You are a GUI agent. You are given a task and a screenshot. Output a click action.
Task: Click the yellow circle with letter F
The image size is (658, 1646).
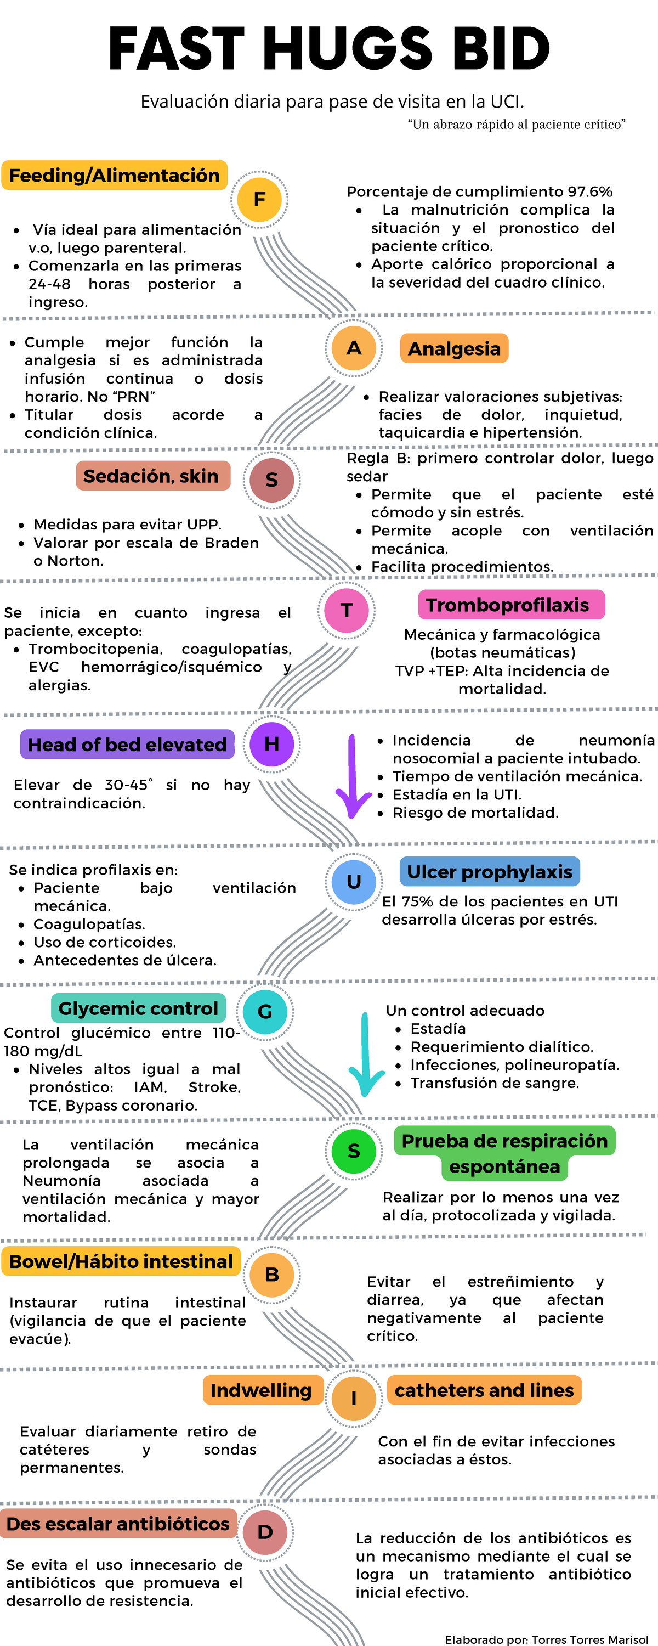(259, 199)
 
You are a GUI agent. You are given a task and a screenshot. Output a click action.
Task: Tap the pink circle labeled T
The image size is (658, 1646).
(346, 610)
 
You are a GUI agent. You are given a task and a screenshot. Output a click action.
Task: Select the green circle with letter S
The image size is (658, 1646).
(354, 1151)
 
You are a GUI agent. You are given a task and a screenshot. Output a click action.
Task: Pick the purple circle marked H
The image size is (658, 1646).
(271, 744)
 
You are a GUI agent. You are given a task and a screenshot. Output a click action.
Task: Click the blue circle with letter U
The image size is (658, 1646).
(354, 881)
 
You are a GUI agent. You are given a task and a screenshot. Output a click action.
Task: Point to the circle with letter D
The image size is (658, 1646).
(265, 1532)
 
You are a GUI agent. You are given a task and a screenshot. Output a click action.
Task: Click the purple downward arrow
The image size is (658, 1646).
(353, 776)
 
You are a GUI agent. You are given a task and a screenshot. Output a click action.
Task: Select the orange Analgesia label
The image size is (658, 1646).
(454, 348)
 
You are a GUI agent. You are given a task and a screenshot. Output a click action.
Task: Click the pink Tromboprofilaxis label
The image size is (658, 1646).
(511, 605)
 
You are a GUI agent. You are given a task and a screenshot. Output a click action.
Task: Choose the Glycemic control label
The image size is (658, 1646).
(139, 1008)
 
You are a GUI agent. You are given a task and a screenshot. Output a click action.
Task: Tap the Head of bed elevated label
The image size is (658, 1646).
(127, 745)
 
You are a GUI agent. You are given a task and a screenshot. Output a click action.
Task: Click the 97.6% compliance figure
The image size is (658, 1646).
(589, 191)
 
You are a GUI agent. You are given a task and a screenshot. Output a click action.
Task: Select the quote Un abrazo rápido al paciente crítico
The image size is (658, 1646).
(516, 124)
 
